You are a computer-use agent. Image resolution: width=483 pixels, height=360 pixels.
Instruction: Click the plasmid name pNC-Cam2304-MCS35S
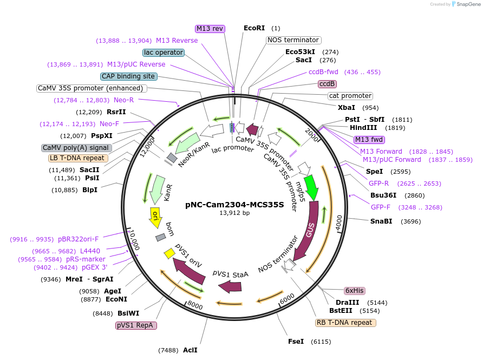point(234,205)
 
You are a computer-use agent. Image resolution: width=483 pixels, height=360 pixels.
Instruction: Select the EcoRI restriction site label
point(254,28)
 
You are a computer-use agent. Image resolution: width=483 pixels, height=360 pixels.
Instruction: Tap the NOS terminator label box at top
point(293,40)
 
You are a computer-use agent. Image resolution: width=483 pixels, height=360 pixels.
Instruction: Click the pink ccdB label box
point(327,84)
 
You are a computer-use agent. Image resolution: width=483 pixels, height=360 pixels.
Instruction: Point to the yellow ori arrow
point(155,217)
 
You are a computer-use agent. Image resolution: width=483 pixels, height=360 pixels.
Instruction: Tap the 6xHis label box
point(354,291)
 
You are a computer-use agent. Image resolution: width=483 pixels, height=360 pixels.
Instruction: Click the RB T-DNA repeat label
point(345,323)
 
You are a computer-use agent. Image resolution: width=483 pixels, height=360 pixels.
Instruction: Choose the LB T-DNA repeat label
point(78,158)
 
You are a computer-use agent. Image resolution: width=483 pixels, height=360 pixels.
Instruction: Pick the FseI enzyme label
point(296,342)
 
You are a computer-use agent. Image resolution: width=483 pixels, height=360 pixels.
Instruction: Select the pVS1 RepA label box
point(136,325)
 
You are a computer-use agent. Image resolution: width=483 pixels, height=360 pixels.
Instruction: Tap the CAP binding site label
point(129,76)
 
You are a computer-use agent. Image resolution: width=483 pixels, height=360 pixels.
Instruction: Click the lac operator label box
point(164,53)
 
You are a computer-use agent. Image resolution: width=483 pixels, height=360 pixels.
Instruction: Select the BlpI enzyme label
point(90,189)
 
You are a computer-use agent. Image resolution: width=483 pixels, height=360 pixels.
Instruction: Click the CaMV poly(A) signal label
point(76,148)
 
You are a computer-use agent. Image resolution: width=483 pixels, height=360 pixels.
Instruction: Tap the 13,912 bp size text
point(234,213)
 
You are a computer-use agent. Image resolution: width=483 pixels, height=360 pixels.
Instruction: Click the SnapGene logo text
point(469,4)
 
